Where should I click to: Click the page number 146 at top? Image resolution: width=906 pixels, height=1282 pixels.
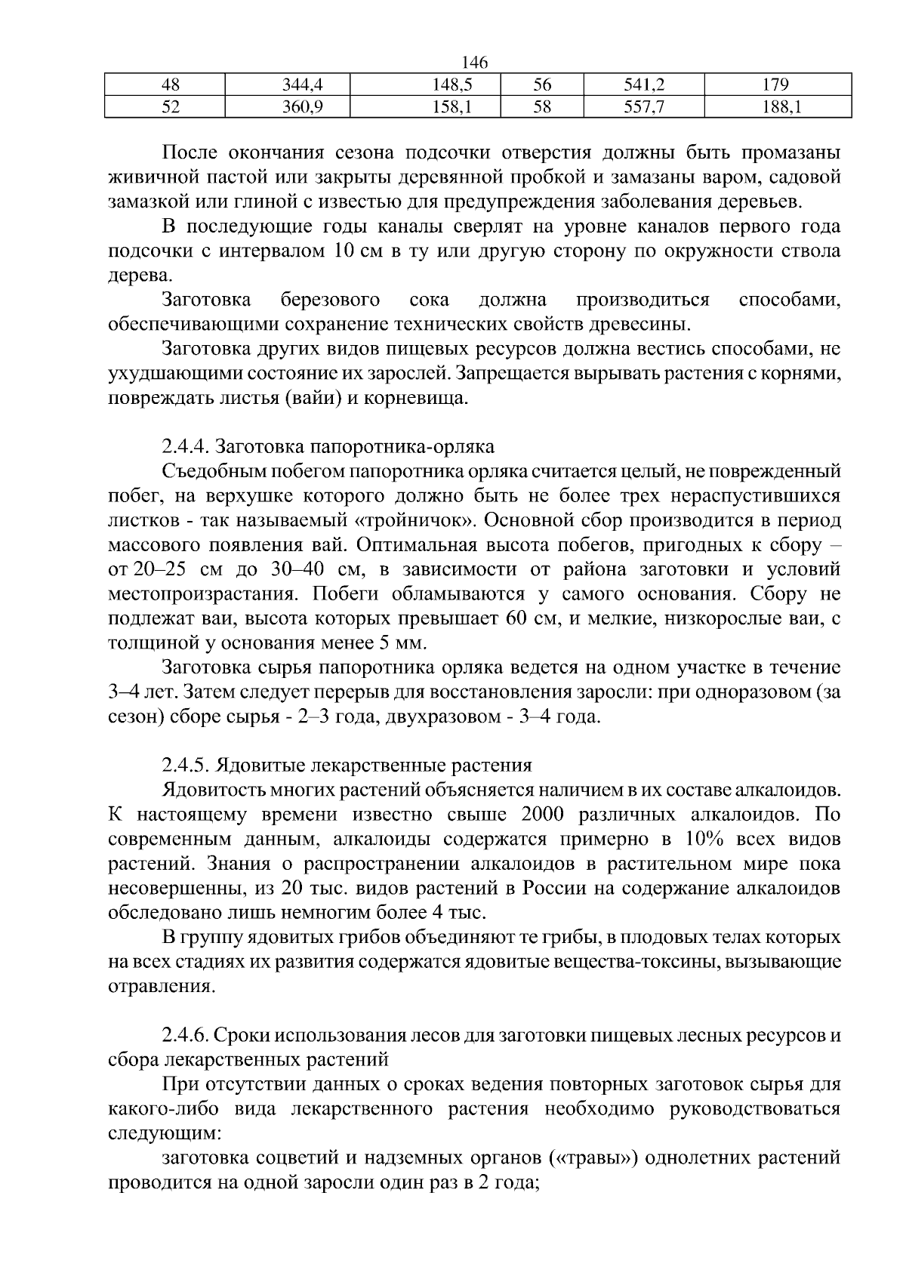tap(475, 63)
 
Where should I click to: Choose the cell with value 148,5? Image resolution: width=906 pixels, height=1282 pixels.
tap(425, 85)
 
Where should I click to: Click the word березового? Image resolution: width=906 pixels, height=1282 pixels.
tap(330, 300)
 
